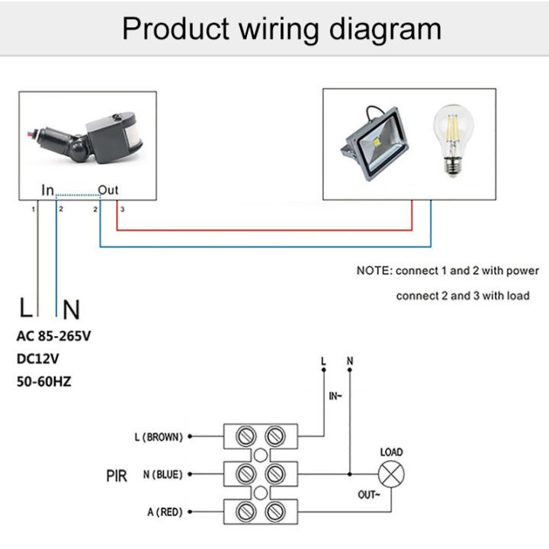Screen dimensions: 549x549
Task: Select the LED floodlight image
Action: [374, 141]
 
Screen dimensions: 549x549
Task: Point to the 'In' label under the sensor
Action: [47, 190]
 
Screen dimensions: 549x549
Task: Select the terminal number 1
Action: [33, 208]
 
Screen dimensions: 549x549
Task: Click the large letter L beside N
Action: [27, 309]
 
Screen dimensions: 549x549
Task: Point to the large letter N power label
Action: [71, 310]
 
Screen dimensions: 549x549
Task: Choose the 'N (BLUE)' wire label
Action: [162, 474]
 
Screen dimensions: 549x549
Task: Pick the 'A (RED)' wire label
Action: [163, 512]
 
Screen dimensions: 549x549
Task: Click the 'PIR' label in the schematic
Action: [116, 475]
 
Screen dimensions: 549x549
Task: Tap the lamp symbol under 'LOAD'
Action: [391, 474]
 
